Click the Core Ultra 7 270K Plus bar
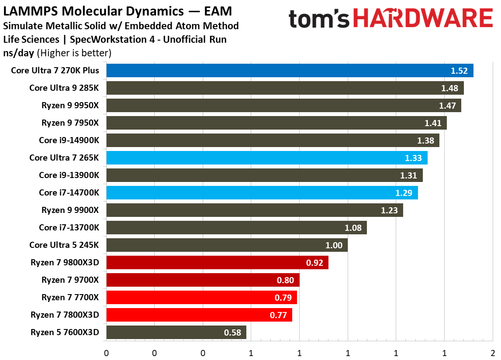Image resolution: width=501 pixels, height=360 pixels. pyautogui.click(x=290, y=71)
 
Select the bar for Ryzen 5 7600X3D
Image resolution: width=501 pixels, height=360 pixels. pyautogui.click(x=176, y=333)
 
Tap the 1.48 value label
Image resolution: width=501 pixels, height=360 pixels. pyautogui.click(x=450, y=88)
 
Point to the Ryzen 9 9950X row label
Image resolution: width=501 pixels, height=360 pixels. pyautogui.click(x=70, y=105)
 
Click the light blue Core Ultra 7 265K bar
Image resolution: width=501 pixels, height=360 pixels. pyautogui.click(x=266, y=158)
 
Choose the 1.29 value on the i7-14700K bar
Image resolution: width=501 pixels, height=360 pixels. pyautogui.click(x=404, y=193)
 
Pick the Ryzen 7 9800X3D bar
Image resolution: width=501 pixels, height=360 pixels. pyautogui.click(x=217, y=263)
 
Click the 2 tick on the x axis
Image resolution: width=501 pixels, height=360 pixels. pyautogui.click(x=492, y=353)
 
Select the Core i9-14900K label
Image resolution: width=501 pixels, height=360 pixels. pyautogui.click(x=69, y=140)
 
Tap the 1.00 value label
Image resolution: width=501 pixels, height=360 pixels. pyautogui.click(x=334, y=245)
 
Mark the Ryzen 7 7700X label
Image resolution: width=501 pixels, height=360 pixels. pyautogui.click(x=70, y=297)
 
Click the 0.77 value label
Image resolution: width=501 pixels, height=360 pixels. pyautogui.click(x=279, y=315)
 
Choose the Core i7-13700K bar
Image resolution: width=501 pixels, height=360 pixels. pyautogui.click(x=236, y=228)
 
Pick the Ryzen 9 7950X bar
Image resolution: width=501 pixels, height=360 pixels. pyautogui.click(x=276, y=123)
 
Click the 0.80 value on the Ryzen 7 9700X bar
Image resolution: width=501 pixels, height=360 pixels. pyautogui.click(x=286, y=280)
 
